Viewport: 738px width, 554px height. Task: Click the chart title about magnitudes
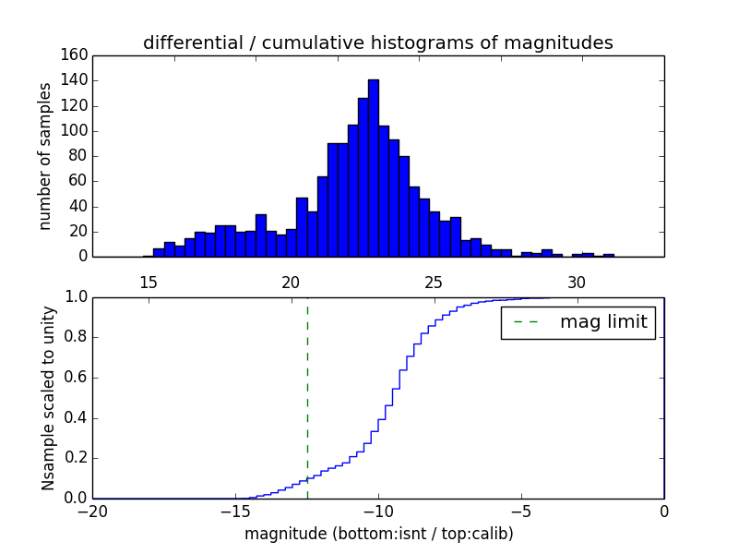click(377, 42)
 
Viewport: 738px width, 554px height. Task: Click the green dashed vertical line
click(307, 397)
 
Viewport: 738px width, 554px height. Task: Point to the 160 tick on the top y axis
click(77, 55)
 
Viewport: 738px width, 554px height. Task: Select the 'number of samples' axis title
click(45, 156)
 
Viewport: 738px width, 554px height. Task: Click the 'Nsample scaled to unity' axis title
click(48, 398)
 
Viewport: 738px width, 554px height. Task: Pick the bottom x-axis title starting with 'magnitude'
click(378, 534)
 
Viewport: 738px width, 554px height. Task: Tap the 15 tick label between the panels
click(148, 282)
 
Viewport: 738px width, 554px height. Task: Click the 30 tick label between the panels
click(577, 282)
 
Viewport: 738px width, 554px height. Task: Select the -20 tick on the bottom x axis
click(92, 512)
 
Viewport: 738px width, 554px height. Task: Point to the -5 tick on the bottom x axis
click(521, 512)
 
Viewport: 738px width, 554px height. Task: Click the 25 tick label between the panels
click(434, 282)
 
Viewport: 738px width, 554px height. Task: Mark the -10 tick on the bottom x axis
click(378, 512)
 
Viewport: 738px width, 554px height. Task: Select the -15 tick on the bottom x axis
click(235, 512)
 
